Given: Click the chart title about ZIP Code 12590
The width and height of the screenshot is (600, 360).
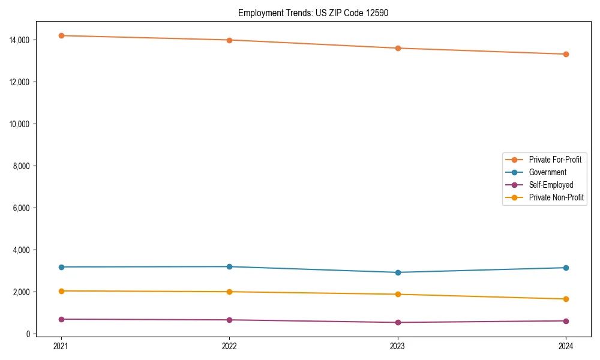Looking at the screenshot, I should [313, 13].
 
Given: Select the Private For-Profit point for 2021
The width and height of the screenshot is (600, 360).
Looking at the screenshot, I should [61, 35].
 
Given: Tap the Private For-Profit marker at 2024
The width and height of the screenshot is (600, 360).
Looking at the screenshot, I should [566, 54].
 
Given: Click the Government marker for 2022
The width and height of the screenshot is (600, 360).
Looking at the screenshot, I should [229, 266].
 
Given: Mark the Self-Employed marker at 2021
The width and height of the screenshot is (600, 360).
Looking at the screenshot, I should [61, 319].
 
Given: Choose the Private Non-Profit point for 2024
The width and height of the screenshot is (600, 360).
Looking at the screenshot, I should [566, 299].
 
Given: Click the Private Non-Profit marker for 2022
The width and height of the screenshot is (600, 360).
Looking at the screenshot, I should [229, 292].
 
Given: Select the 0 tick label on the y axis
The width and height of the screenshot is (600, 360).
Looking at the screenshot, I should [28, 334].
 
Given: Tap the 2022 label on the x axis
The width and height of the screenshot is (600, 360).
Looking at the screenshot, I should [229, 346].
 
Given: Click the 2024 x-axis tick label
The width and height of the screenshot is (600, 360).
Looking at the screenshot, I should [566, 346].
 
